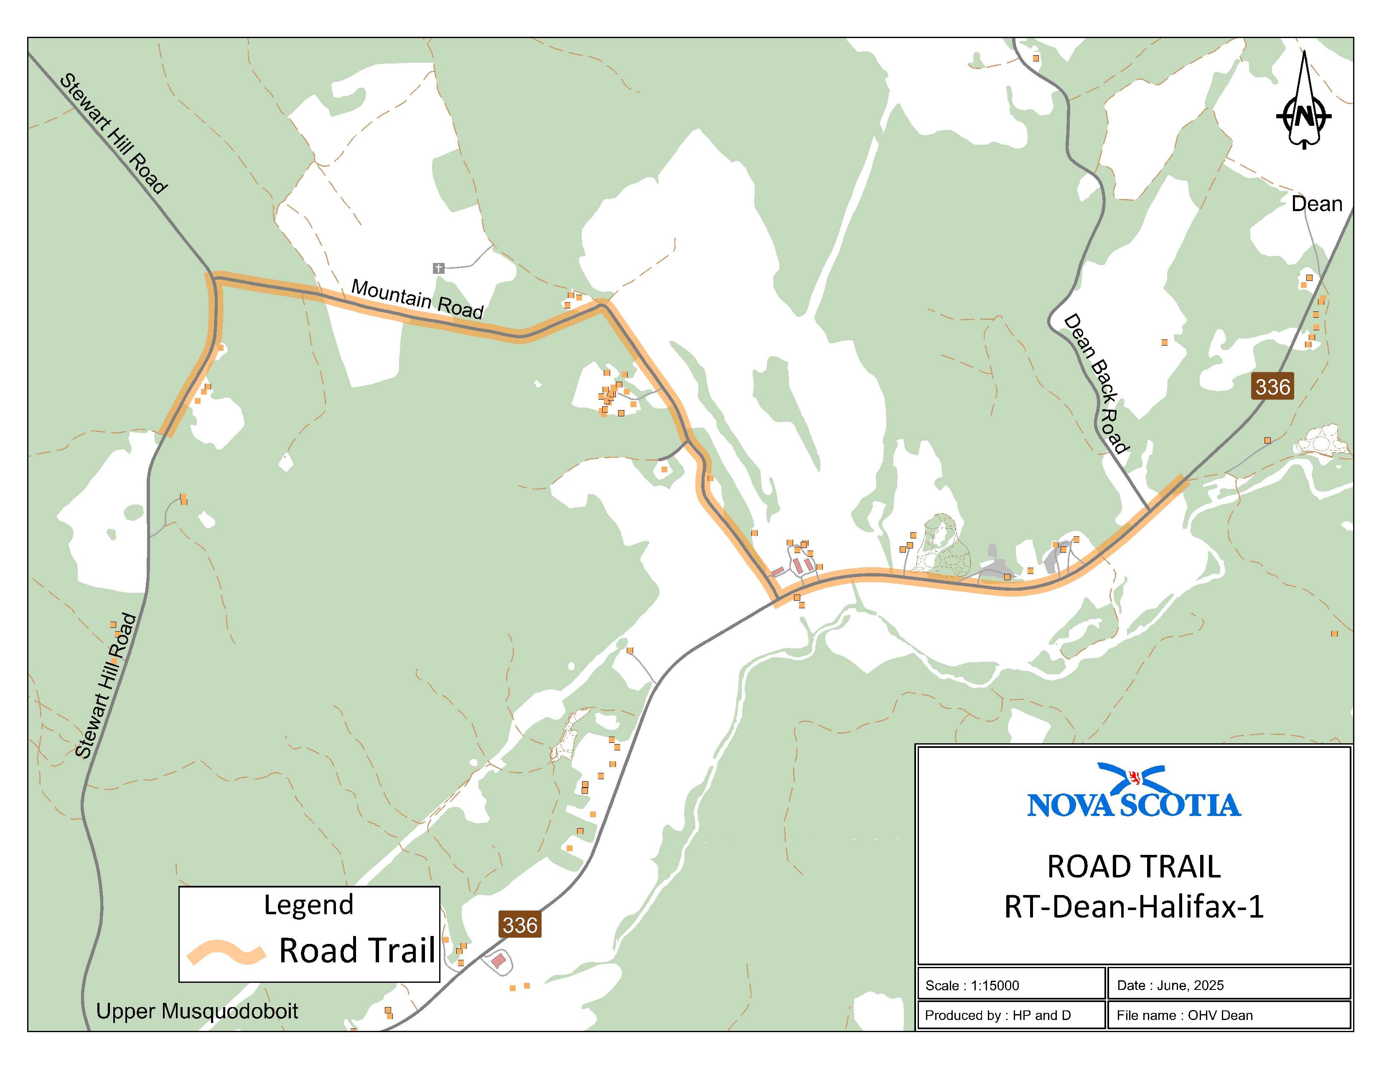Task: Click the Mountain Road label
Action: [417, 299]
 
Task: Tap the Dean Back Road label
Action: [1096, 384]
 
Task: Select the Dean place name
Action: [1316, 204]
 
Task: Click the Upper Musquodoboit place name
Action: [197, 1011]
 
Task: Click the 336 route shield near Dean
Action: [1272, 387]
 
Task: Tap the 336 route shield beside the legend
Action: [520, 925]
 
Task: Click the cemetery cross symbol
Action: [438, 268]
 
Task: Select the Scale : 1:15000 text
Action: [972, 985]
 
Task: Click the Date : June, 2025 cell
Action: [1170, 985]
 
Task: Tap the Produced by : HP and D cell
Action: [997, 1015]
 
